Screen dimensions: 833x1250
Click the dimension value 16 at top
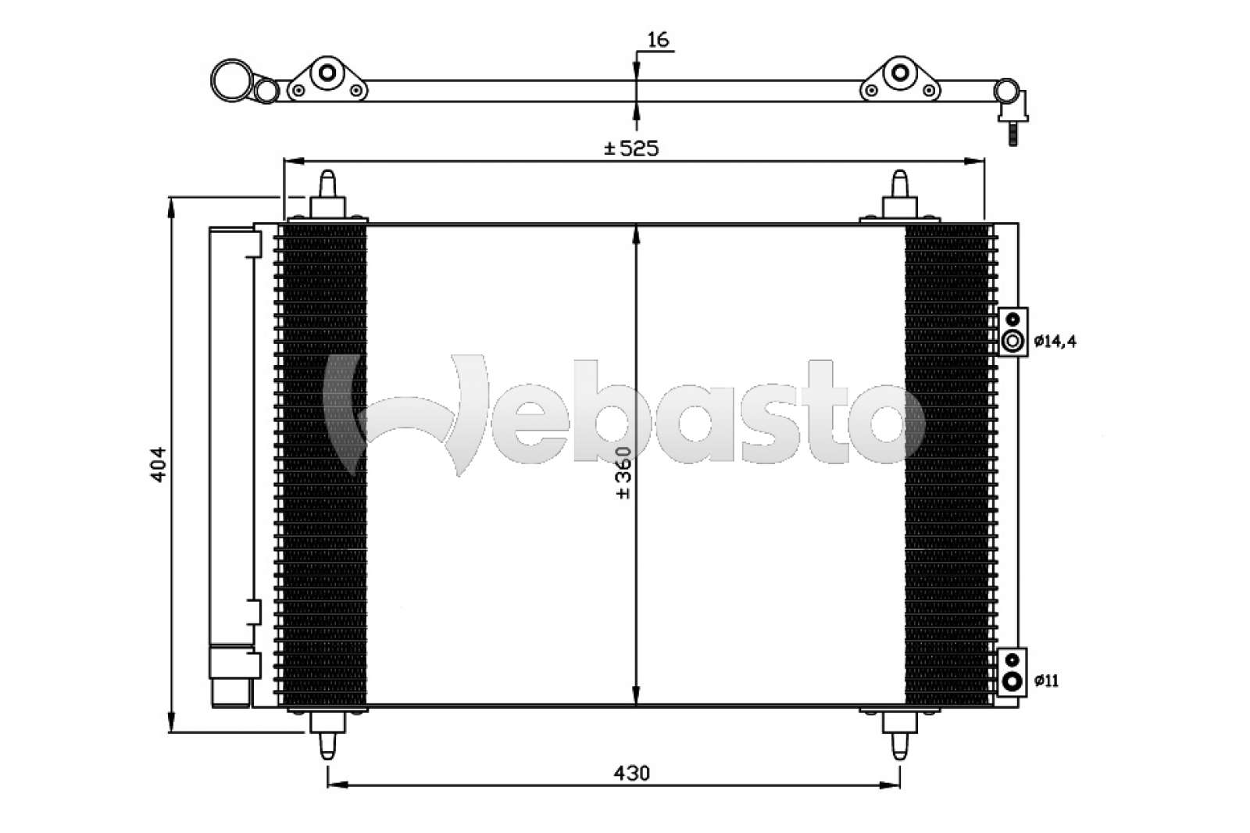tap(659, 41)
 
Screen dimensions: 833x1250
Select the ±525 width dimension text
tap(631, 148)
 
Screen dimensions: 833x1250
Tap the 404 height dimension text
tap(159, 463)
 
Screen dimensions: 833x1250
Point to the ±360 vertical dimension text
tap(623, 473)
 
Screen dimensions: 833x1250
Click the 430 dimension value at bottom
tap(631, 774)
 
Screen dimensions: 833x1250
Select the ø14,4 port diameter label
tap(1055, 341)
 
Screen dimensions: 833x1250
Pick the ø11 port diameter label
tap(1046, 681)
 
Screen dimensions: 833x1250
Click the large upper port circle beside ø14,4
tap(1012, 341)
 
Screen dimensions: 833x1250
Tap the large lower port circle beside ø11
tap(1012, 681)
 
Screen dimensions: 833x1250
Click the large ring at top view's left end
tap(232, 80)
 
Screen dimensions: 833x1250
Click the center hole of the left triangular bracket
tap(327, 73)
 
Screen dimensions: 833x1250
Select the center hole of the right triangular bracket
tap(900, 73)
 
